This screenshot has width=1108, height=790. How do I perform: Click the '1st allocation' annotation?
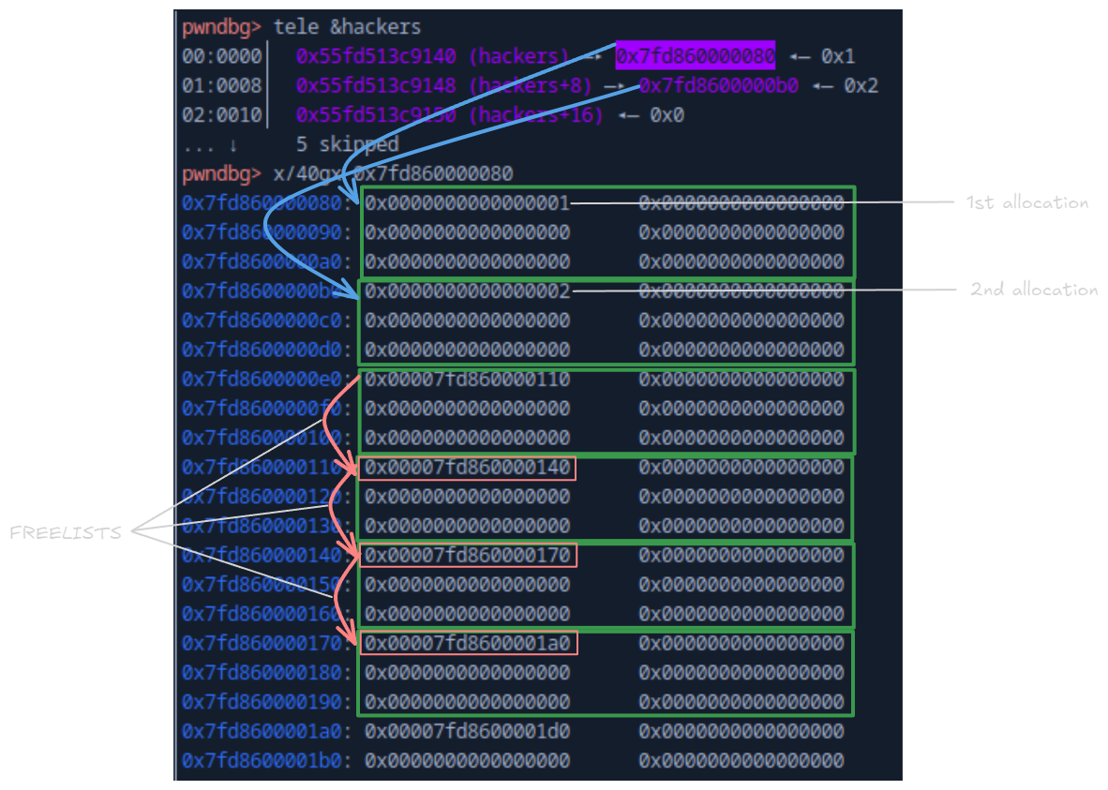coord(1027,202)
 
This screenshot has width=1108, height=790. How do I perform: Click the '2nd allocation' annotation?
coord(1034,290)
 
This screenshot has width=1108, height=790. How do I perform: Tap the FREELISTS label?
coord(66,532)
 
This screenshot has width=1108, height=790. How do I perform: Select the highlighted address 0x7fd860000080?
coord(695,56)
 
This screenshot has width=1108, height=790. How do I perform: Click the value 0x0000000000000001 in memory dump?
coord(467,203)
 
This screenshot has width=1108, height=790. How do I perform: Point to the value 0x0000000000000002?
coord(467,291)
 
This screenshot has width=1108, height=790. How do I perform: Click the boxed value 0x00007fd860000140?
coord(467,467)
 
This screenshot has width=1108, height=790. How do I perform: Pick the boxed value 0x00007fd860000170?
coord(467,555)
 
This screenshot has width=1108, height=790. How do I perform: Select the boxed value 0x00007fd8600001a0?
coord(467,643)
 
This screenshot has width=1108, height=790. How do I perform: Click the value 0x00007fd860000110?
coord(467,380)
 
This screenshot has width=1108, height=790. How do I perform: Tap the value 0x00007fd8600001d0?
coord(467,731)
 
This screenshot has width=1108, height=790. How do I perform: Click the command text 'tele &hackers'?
coord(347,27)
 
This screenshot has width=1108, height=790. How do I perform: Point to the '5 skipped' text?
coord(347,144)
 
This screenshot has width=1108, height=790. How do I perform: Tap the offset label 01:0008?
coord(222,86)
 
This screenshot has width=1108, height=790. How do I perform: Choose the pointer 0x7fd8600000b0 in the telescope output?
coord(719,86)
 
